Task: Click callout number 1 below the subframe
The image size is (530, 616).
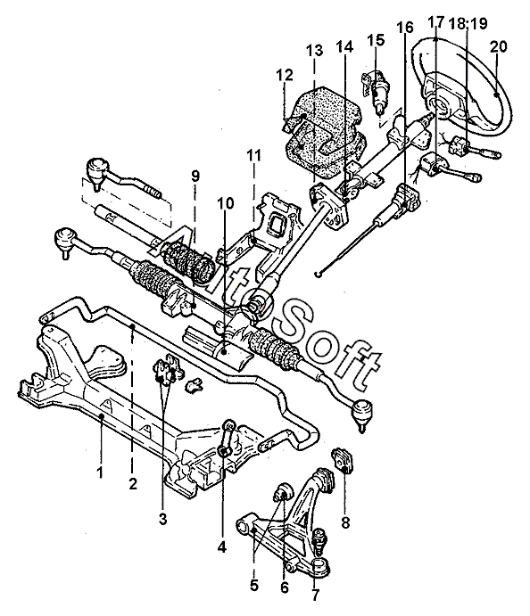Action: pos(100,472)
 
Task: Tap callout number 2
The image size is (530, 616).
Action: pos(133,483)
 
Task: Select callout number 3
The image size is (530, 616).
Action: pos(162,519)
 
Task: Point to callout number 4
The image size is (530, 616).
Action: pos(222,546)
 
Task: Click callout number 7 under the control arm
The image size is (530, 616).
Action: pos(315,594)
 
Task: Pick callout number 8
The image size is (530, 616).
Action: pos(345,523)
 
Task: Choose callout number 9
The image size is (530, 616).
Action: pos(195,177)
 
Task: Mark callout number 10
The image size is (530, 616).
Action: pos(225,203)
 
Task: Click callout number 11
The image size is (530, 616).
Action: pos(253,156)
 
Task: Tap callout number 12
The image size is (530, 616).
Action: pos(285,75)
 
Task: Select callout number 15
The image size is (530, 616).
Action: pos(376,40)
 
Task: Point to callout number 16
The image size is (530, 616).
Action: pos(405,28)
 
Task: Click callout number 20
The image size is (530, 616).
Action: pos(499,47)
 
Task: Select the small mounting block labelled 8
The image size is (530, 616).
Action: pos(343,460)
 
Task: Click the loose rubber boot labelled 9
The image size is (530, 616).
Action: pos(188,259)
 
